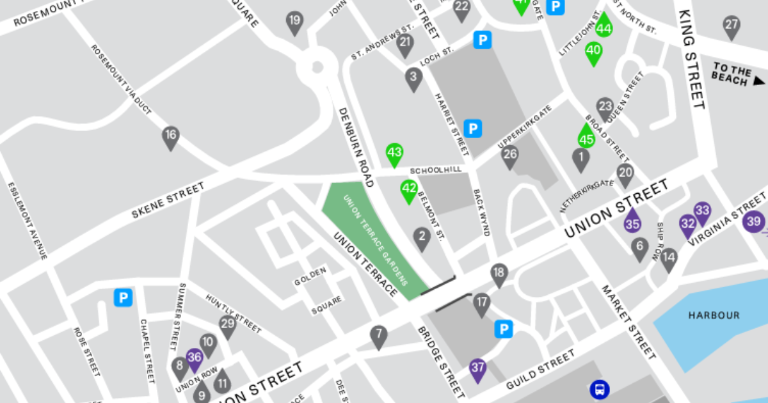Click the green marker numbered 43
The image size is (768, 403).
coord(394,154)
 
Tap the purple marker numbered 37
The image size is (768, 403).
coord(477,368)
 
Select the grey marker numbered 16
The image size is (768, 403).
coord(170,136)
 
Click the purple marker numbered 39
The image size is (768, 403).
coord(754,222)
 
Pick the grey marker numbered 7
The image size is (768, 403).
coord(378,335)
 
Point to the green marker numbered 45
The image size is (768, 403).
coord(586,138)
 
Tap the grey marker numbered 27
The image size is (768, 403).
coord(732,26)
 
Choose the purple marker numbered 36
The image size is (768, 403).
coord(195,358)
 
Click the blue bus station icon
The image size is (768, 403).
coord(599,388)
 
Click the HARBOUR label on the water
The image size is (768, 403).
coord(714,315)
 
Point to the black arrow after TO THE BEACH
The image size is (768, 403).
coord(759,81)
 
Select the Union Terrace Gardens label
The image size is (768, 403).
coord(376,240)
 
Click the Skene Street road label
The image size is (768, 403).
coord(168,200)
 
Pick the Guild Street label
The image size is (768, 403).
coord(540,370)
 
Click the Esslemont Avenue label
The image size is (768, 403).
coord(28,221)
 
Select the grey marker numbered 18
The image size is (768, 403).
coord(499,273)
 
